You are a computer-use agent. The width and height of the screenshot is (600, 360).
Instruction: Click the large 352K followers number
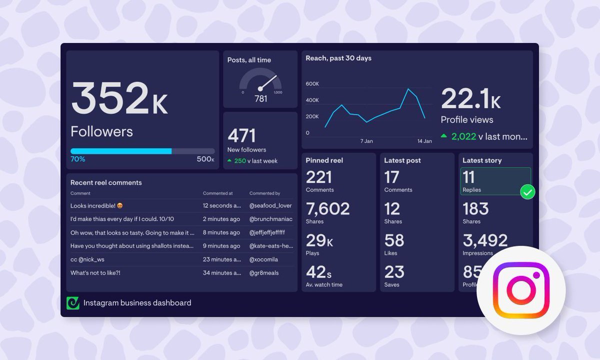click(x=119, y=98)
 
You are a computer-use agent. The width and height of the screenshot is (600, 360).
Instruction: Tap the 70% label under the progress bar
click(x=77, y=159)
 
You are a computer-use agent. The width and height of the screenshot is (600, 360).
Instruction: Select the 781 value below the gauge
click(x=260, y=99)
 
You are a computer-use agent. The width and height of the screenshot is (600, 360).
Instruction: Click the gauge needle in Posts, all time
click(x=268, y=82)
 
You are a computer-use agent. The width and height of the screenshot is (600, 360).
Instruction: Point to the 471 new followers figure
click(x=241, y=135)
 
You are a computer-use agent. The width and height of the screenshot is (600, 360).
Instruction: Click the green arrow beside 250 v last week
click(x=229, y=161)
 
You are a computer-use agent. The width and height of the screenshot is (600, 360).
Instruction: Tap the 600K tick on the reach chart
click(x=312, y=84)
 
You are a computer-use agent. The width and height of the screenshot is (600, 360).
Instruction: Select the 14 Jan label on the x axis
click(x=424, y=141)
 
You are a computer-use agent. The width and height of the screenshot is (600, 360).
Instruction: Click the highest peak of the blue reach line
click(x=408, y=89)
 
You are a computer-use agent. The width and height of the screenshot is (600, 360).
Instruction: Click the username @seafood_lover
click(x=270, y=205)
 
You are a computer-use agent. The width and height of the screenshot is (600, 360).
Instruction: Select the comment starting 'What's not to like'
click(x=95, y=273)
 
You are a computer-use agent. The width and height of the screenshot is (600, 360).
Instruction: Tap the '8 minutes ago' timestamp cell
click(x=221, y=232)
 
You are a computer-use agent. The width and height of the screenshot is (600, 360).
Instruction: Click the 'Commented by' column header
click(x=264, y=193)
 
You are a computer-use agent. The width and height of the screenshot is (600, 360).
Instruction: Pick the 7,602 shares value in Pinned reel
click(x=327, y=208)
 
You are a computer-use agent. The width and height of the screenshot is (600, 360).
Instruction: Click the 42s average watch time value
click(x=318, y=272)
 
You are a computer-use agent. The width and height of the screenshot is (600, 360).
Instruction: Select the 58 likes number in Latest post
click(x=394, y=240)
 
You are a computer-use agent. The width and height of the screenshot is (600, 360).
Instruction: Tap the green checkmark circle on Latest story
click(x=527, y=191)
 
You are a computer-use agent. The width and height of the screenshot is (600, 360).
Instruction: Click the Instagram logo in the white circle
click(x=521, y=290)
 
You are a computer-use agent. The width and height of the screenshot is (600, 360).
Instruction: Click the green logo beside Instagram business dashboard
click(x=73, y=303)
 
